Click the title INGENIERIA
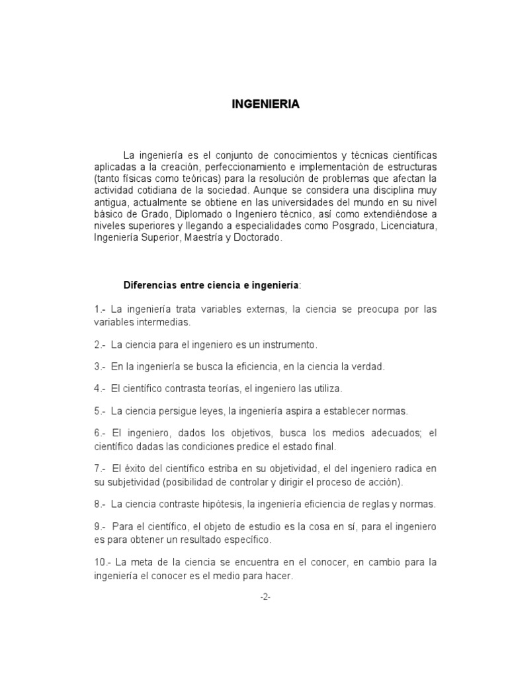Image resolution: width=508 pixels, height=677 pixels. (x=265, y=104)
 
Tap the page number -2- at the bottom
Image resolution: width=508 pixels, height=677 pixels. (x=265, y=596)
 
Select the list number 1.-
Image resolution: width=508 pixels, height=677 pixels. (x=101, y=309)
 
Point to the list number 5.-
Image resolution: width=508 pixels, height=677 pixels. (x=101, y=411)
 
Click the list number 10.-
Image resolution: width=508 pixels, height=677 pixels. (x=103, y=562)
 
